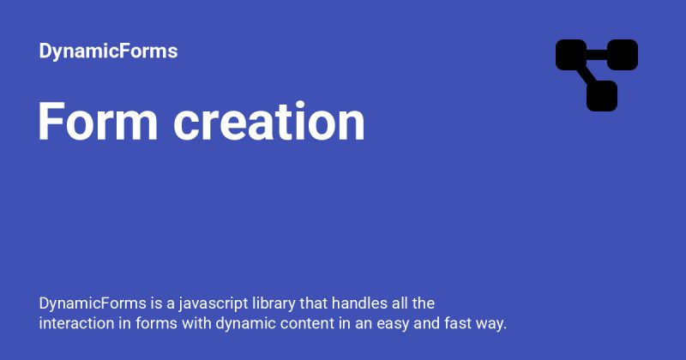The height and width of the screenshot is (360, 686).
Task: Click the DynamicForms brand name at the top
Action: [108, 51]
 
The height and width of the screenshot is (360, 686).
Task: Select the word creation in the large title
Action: [269, 122]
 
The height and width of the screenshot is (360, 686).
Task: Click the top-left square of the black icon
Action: [571, 55]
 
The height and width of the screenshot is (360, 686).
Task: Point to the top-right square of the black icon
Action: [623, 55]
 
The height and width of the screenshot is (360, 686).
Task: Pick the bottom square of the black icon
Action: [602, 96]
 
